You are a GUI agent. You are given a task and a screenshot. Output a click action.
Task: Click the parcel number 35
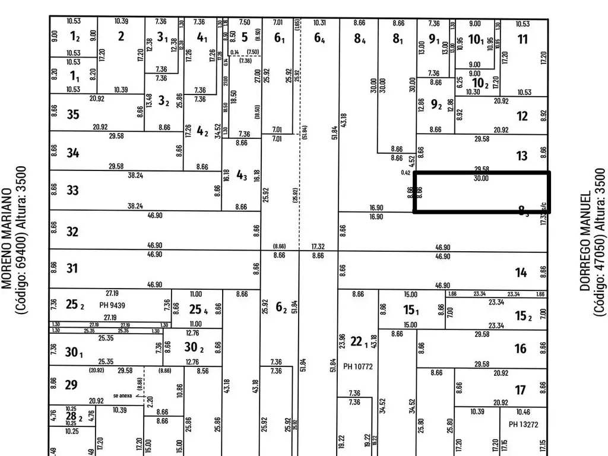72,114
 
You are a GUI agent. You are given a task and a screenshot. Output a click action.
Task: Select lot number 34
72,153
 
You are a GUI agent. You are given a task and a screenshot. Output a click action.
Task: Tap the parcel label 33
72,191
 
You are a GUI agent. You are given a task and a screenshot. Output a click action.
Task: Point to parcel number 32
72,231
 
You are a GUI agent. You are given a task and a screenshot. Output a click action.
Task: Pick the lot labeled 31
72,269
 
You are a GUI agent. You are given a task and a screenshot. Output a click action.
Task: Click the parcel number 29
71,385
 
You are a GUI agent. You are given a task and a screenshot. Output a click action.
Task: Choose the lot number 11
522,40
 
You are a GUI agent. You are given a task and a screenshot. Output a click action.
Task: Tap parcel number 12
522,116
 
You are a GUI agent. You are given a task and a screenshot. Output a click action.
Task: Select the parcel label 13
522,156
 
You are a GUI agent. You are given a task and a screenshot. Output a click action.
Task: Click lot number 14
521,273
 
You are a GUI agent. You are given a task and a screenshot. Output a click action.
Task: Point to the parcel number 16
521,349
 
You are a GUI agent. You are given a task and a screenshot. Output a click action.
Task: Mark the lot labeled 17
521,390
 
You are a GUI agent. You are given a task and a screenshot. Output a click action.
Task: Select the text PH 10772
357,366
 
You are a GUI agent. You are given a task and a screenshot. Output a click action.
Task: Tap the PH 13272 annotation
523,424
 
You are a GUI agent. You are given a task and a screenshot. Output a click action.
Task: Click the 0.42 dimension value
406,173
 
